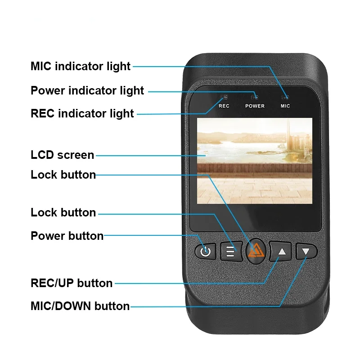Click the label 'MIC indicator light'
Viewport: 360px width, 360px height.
[x=81, y=67]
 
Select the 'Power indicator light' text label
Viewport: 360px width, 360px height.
[x=87, y=90]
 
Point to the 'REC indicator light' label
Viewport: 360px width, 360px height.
[x=82, y=113]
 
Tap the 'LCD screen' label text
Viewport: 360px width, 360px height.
[x=63, y=155]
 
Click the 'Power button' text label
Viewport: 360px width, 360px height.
[x=67, y=236]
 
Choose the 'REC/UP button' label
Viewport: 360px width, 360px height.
[x=72, y=283]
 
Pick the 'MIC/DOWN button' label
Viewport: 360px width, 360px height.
[x=80, y=306]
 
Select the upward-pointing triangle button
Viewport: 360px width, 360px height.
[x=281, y=251]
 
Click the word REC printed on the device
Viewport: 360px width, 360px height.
[x=224, y=106]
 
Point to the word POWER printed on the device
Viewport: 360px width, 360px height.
[x=255, y=106]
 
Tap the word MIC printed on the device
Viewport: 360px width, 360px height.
[x=285, y=106]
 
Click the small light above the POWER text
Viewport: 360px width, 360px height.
[x=255, y=96]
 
